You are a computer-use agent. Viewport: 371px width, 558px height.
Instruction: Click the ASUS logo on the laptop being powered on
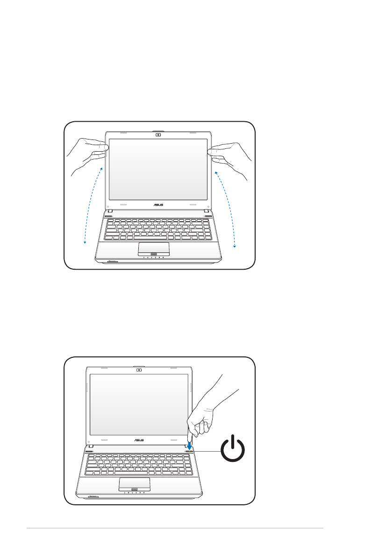pyautogui.click(x=139, y=439)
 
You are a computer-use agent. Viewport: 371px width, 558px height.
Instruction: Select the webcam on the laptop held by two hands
pyautogui.click(x=157, y=135)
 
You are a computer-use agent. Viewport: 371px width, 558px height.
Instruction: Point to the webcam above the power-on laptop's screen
pyautogui.click(x=139, y=371)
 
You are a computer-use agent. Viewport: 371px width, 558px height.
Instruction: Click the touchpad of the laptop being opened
pyautogui.click(x=153, y=248)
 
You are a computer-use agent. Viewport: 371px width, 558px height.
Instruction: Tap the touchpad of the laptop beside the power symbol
pyautogui.click(x=134, y=483)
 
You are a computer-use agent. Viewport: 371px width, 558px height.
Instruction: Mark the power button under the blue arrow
pyautogui.click(x=189, y=451)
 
